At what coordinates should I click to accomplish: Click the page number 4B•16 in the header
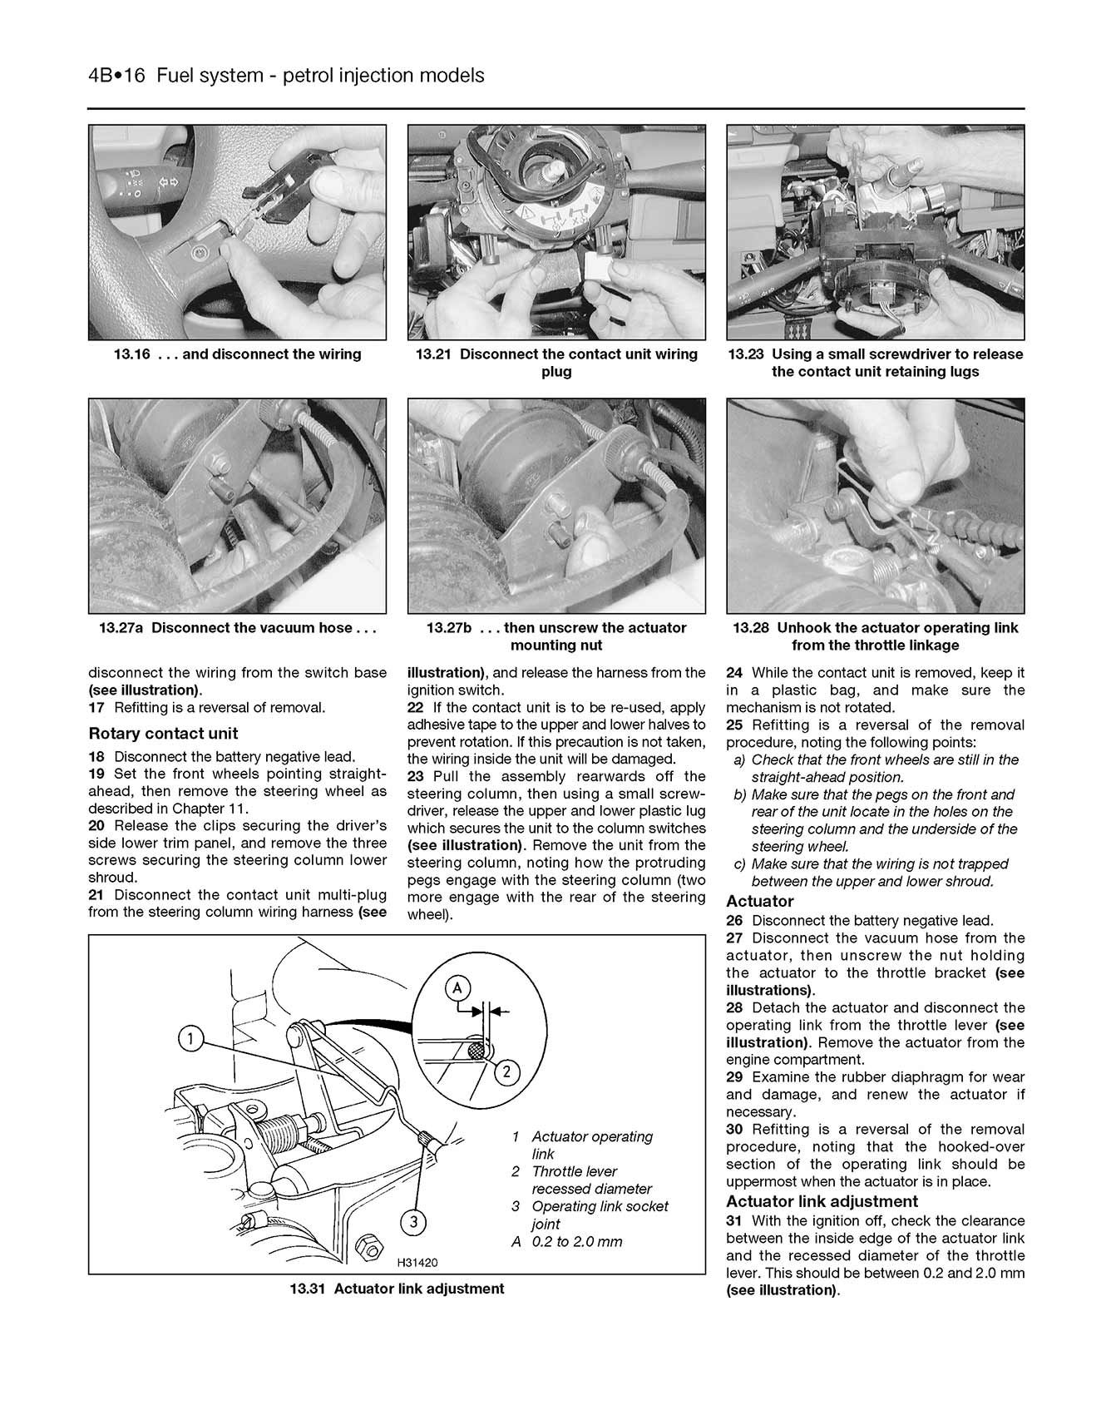click(x=116, y=76)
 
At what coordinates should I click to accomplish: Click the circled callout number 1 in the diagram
click(x=190, y=1038)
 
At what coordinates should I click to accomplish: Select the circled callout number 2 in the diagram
click(x=506, y=1072)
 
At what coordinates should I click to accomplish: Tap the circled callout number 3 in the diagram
click(x=413, y=1222)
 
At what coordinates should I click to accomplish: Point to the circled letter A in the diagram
click(x=456, y=988)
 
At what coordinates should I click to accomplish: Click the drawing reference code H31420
click(x=417, y=1263)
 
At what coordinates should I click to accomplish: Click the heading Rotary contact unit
click(x=163, y=734)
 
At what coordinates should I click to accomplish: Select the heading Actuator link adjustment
click(x=822, y=1201)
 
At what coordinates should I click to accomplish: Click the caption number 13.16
click(x=131, y=354)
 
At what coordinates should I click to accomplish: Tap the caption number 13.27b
click(x=449, y=628)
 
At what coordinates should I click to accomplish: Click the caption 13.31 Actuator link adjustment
click(x=397, y=1289)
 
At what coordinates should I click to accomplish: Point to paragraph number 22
click(x=415, y=708)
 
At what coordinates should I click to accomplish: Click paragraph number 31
click(x=734, y=1221)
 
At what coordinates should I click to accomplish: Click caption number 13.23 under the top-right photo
click(x=746, y=354)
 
